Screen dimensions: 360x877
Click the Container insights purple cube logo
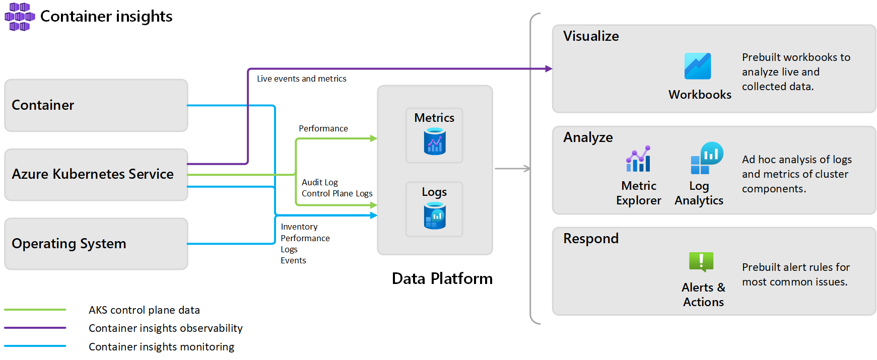point(20,17)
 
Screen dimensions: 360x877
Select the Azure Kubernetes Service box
point(96,174)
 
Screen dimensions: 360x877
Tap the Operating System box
point(96,244)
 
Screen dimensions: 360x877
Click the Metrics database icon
point(435,141)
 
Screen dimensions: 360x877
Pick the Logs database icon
point(435,215)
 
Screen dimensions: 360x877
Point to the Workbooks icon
point(698,66)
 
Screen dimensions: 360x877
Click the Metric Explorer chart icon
point(638,159)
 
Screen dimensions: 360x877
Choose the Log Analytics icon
point(707,158)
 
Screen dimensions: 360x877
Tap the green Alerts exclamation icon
point(701,262)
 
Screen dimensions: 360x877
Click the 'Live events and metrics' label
point(301,79)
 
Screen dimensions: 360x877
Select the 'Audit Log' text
point(320,182)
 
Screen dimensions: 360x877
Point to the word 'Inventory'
point(299,227)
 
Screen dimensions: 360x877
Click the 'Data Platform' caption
point(442,278)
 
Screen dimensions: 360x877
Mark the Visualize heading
point(591,36)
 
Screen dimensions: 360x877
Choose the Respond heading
point(590,239)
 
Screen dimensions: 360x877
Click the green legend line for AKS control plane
point(35,310)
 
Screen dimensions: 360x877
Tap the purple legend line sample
point(35,328)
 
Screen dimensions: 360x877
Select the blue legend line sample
point(35,346)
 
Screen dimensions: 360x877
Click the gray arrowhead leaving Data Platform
point(527,169)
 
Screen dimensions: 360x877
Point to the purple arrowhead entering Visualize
point(549,69)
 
